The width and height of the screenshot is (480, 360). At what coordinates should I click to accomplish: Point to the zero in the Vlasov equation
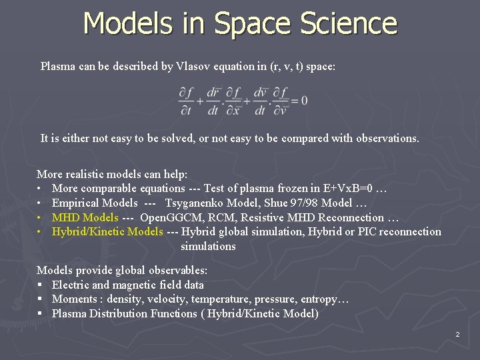[x=304, y=101]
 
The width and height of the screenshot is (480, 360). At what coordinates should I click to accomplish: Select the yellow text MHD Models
[x=85, y=217]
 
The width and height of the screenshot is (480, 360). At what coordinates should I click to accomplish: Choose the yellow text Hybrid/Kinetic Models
[x=107, y=231]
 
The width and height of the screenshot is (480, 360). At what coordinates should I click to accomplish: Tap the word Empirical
[x=77, y=203]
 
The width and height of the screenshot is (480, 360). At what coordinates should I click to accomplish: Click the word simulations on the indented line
[x=208, y=246]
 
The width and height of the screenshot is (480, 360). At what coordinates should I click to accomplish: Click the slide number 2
[x=458, y=333]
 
